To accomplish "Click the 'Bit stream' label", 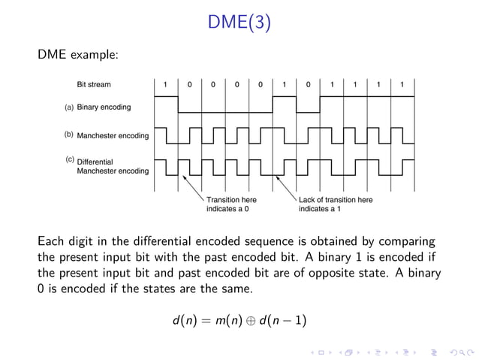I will [x=94, y=84].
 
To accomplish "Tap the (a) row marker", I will [x=68, y=107].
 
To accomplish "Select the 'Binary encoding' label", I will [x=104, y=107].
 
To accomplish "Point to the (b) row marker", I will [x=68, y=135].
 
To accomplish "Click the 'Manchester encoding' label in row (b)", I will [x=113, y=136].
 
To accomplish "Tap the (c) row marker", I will [x=68, y=160].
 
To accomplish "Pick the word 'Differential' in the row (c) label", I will [x=95, y=162].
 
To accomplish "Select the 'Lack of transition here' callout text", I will [x=335, y=200].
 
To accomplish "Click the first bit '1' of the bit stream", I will [x=166, y=84].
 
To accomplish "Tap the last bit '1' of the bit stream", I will [x=402, y=84].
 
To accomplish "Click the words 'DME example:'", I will [x=78, y=55].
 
